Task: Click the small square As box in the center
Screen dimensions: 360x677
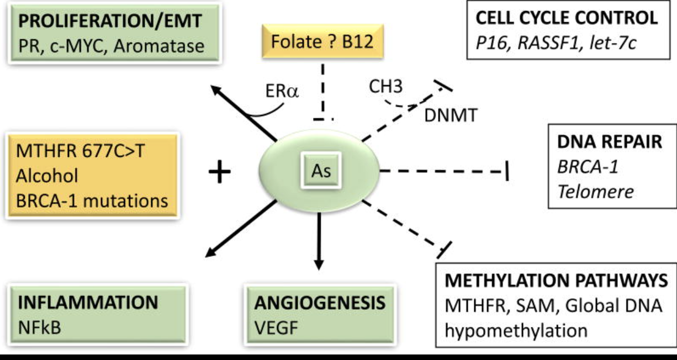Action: click(321, 171)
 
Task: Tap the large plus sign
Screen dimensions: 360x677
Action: click(219, 172)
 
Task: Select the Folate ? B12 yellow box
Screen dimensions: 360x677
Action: click(322, 42)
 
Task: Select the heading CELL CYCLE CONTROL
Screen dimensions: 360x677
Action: click(567, 18)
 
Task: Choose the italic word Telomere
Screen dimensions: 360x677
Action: click(594, 191)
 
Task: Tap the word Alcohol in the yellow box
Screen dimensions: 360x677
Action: click(46, 176)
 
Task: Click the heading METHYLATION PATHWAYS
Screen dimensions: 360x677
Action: click(556, 280)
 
